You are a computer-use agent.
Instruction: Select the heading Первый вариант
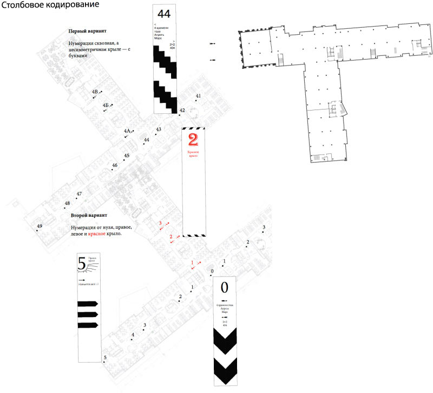tap(86, 31)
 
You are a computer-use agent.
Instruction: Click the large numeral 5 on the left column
tap(82, 264)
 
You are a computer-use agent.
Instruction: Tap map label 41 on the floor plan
tap(198, 96)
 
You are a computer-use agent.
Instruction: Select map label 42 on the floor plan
tap(182, 111)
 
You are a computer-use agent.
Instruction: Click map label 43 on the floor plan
tap(159, 130)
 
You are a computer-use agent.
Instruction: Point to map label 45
tap(127, 156)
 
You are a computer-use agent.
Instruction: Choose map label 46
tap(115, 165)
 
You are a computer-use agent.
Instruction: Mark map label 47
tap(79, 194)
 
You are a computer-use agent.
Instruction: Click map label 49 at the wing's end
tap(39, 226)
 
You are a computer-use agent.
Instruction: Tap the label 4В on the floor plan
tap(95, 92)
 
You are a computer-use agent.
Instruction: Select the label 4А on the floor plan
tap(127, 131)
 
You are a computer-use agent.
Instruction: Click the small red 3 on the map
tap(160, 223)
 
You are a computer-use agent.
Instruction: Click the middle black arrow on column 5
tap(87, 314)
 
